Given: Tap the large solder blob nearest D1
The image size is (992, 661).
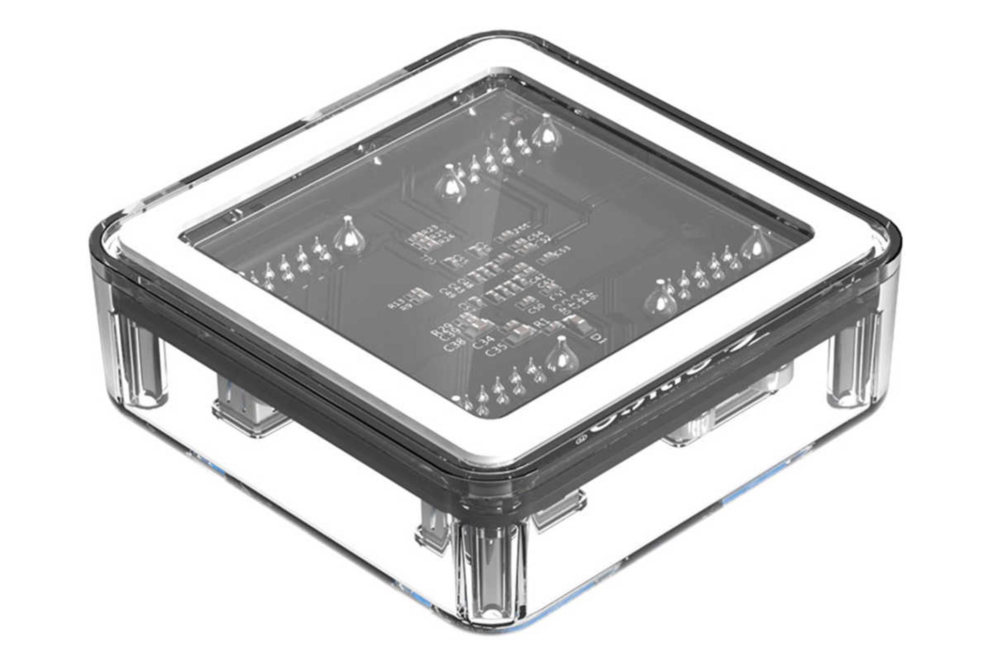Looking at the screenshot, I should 562,356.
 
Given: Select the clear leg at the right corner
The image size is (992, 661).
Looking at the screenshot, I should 855,361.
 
